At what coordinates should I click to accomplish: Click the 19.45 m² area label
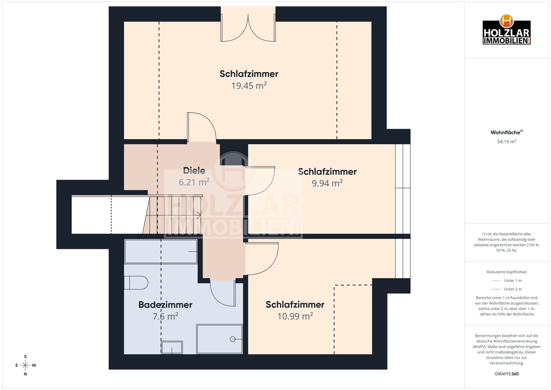(x=249, y=85)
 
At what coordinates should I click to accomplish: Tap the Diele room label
(x=194, y=171)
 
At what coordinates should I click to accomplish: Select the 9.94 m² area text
(x=327, y=183)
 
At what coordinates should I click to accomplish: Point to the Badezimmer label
(x=165, y=305)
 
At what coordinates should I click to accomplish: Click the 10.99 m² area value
(x=295, y=316)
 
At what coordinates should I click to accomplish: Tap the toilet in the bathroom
(x=136, y=283)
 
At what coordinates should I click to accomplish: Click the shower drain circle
(x=233, y=339)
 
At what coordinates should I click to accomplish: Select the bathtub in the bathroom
(x=161, y=251)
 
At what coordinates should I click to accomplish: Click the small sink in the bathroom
(x=172, y=347)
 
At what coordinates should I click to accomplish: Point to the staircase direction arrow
(x=198, y=215)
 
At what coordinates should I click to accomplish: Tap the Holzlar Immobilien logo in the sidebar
(x=506, y=30)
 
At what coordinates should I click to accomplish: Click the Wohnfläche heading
(x=506, y=132)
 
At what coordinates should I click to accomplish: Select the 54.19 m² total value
(x=506, y=141)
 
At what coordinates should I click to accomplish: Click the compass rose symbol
(x=25, y=365)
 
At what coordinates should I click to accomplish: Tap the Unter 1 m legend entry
(x=506, y=280)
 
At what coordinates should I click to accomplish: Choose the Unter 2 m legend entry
(x=506, y=289)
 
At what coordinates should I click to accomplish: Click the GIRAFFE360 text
(x=506, y=374)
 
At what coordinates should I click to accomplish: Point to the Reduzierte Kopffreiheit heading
(x=506, y=272)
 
